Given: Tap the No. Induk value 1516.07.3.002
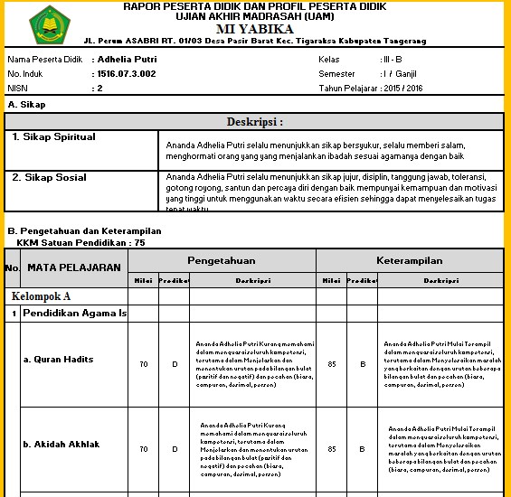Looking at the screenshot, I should [x=126, y=73].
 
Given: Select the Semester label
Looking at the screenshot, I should [x=337, y=73].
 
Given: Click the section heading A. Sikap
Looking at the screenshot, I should [x=26, y=104].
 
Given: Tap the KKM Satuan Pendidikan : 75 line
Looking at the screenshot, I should [x=80, y=242].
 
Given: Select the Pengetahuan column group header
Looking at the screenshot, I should [x=221, y=260].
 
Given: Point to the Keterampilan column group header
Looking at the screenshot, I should [x=409, y=260].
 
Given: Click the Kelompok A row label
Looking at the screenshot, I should [x=41, y=295].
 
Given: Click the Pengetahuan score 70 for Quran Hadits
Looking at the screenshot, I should [x=143, y=364].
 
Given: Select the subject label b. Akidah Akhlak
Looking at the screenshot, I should [x=62, y=444].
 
